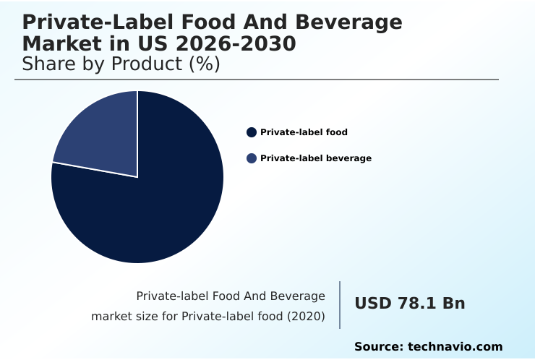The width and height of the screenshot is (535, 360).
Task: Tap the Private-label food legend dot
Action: click(x=252, y=132)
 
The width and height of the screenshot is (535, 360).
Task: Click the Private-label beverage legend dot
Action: click(x=252, y=158)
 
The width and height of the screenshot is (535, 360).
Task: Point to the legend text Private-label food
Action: click(x=304, y=132)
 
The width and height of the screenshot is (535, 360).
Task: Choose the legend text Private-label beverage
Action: click(x=316, y=158)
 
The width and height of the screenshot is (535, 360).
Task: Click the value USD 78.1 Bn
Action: click(x=409, y=304)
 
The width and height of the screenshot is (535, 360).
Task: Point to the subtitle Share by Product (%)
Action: click(x=121, y=64)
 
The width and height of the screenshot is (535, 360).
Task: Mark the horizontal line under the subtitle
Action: click(x=257, y=80)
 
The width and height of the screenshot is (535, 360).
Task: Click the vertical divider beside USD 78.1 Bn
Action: click(x=340, y=305)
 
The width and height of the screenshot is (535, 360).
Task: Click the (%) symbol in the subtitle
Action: click(x=205, y=64)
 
